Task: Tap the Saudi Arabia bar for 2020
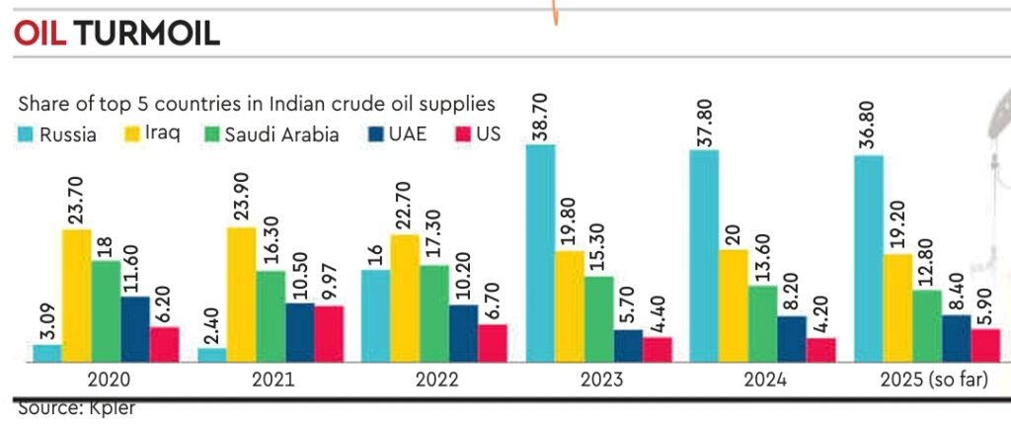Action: tap(107, 311)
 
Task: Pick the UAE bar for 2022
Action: tap(462, 333)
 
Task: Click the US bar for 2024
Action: tap(820, 350)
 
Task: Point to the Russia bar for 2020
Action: tap(46, 353)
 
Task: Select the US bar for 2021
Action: tap(330, 334)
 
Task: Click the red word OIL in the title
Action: tap(39, 35)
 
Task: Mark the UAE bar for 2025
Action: tap(956, 338)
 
